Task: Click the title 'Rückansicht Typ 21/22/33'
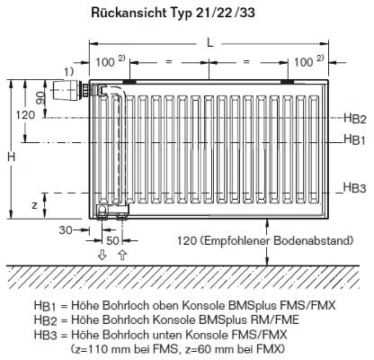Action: tap(173, 13)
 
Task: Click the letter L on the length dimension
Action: tap(210, 42)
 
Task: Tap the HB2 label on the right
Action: tap(355, 118)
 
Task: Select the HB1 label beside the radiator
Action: tap(355, 139)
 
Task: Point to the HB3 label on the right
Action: tap(354, 188)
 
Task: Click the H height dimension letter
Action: tap(12, 157)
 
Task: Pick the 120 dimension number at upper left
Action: tap(25, 114)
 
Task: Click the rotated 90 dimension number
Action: tap(40, 97)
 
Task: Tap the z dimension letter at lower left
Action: tap(35, 205)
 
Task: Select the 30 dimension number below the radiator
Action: tap(66, 229)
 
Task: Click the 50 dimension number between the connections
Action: tap(112, 240)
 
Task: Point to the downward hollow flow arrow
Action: tap(102, 255)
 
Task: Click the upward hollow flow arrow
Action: tap(122, 255)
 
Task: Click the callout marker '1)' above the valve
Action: tap(68, 71)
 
